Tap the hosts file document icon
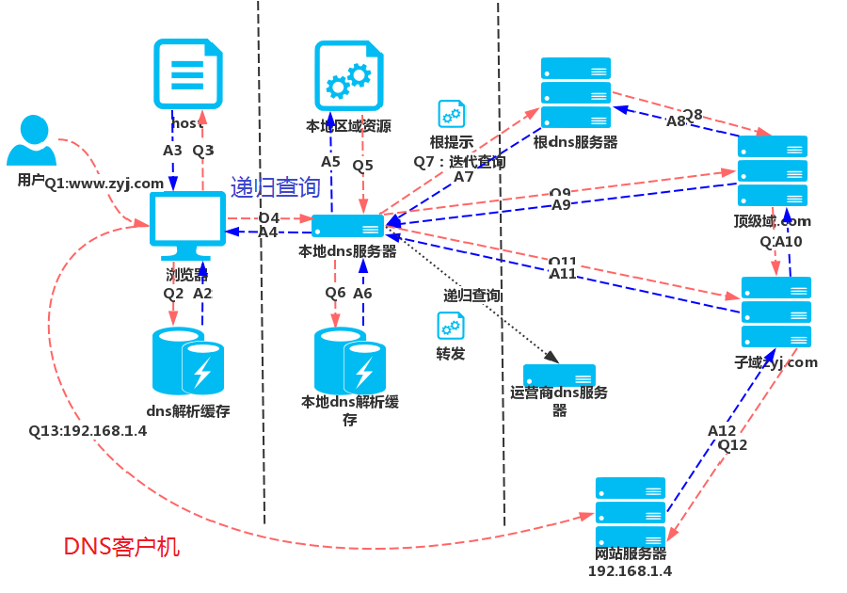click(x=188, y=75)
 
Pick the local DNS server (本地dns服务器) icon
click(x=348, y=226)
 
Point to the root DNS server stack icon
click(x=576, y=93)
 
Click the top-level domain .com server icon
click(x=773, y=170)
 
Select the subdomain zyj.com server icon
click(x=776, y=312)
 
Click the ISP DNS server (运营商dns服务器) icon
click(x=559, y=376)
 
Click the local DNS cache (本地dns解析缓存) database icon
click(x=350, y=361)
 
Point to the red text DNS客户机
click(x=121, y=547)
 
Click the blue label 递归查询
click(x=276, y=187)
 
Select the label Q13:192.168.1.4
click(x=88, y=431)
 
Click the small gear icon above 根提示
click(x=452, y=115)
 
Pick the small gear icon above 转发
click(x=451, y=327)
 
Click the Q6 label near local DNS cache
click(x=336, y=293)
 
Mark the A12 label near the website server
click(x=722, y=431)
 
